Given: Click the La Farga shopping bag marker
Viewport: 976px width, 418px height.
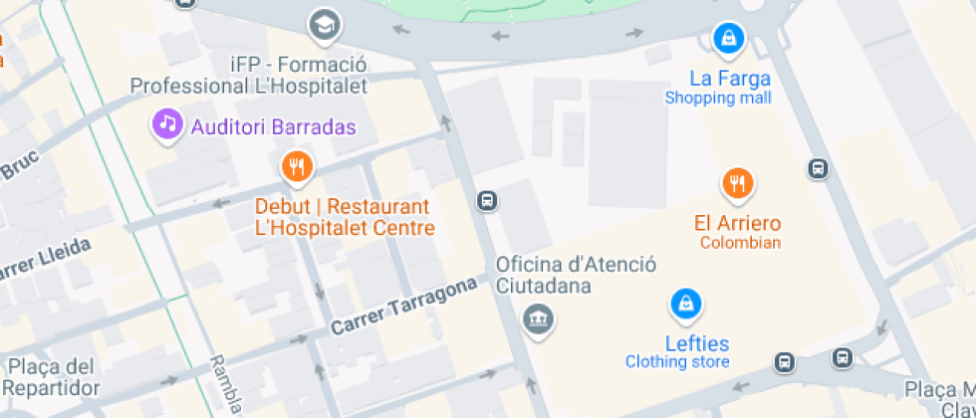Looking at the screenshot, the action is point(730,39).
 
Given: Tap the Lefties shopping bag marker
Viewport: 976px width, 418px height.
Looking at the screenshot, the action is point(684,303).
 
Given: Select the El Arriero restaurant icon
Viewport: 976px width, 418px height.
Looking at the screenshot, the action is point(737,183).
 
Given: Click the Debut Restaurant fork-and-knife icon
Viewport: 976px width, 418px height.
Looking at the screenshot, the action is point(296,166).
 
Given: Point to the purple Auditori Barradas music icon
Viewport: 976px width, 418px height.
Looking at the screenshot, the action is point(166,124).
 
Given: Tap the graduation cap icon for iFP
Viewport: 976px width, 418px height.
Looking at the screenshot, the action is point(324,23).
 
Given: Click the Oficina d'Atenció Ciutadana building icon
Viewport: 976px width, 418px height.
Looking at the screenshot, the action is point(539,319).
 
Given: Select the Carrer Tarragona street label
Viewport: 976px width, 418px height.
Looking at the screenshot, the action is point(403,306).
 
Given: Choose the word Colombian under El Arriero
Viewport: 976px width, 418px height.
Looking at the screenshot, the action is point(740,243).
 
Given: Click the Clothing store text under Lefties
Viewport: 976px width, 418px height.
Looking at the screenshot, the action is point(677,362).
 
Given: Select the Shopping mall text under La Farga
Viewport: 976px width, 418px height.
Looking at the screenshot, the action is point(717,98).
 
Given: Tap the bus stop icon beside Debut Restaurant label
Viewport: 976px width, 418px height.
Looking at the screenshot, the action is point(487,201).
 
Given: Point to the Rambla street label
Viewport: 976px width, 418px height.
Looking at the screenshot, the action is point(226,383).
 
